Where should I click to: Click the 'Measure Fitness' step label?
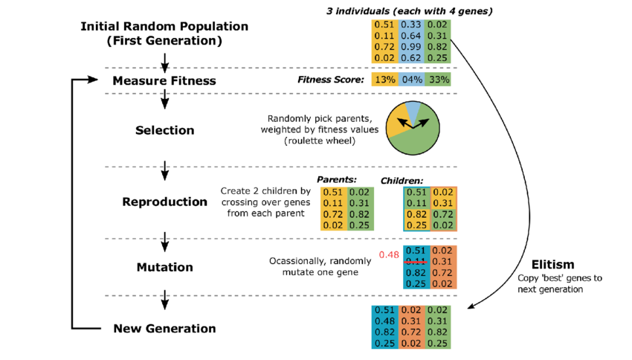click(164, 80)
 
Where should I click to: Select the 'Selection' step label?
click(164, 130)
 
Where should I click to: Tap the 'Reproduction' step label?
click(164, 202)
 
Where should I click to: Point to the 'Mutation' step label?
click(164, 267)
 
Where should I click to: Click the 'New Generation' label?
click(164, 328)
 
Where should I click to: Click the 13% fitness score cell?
click(384, 80)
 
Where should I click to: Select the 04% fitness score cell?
click(411, 80)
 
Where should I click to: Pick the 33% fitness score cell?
click(437, 80)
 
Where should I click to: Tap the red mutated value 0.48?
click(389, 254)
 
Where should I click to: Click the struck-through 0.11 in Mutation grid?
click(416, 261)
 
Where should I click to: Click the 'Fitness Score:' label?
click(331, 80)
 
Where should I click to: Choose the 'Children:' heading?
click(402, 181)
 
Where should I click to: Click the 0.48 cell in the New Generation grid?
click(384, 321)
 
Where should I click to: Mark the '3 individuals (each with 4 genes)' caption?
click(410, 10)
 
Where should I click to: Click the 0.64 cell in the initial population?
click(411, 35)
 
